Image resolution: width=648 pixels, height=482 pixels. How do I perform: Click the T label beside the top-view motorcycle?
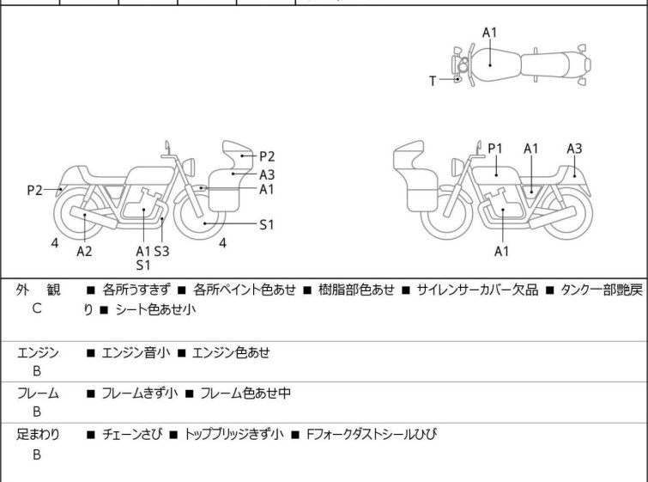click(x=433, y=81)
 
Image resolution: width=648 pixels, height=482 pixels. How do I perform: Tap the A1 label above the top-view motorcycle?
click(x=489, y=33)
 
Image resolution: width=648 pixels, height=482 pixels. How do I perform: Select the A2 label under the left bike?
click(x=84, y=251)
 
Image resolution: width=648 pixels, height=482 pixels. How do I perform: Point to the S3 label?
click(x=161, y=251)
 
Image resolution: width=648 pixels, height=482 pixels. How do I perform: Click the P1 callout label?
click(x=495, y=149)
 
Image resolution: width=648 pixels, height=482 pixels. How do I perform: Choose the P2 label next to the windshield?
click(x=267, y=156)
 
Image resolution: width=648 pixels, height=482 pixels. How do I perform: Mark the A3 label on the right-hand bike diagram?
click(x=574, y=149)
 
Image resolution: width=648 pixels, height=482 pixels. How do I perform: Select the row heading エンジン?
click(x=38, y=351)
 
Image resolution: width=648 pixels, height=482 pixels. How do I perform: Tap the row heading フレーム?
click(x=38, y=394)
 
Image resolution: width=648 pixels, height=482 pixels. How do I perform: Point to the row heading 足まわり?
click(x=38, y=435)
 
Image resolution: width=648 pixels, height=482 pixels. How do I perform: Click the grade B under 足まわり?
click(x=37, y=455)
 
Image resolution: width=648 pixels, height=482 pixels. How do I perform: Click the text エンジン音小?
click(x=137, y=351)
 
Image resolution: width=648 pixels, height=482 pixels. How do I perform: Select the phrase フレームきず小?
click(x=142, y=394)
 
